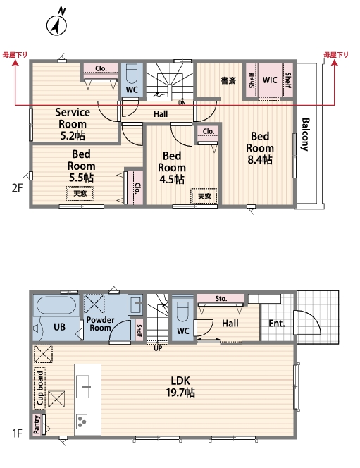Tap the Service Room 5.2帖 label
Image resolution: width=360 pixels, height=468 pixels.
(73, 124)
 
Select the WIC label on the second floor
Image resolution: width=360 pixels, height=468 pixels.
(270, 80)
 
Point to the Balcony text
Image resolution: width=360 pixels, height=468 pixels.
(306, 135)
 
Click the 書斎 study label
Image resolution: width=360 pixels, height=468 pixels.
(228, 80)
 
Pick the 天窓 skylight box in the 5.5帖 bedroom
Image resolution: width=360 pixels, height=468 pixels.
(80, 193)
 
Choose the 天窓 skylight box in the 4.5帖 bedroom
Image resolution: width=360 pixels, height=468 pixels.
(204, 196)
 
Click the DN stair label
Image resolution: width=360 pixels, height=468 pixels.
(182, 103)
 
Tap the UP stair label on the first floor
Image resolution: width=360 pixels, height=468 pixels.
(158, 348)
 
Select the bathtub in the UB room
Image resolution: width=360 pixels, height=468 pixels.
(56, 304)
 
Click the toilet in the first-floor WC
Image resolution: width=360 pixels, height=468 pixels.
(182, 311)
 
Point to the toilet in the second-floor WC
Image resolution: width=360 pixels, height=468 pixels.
(132, 75)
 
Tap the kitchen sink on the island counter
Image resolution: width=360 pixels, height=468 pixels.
(83, 386)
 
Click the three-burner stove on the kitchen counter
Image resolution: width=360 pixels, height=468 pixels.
(82, 421)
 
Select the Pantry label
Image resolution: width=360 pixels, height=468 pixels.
(37, 424)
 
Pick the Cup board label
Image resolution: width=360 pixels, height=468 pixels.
(40, 388)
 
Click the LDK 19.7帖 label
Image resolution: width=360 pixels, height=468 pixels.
(180, 386)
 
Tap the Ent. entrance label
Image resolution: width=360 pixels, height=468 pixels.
(276, 324)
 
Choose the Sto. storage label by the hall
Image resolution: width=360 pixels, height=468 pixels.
(221, 298)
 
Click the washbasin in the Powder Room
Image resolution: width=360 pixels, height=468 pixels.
(135, 304)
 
